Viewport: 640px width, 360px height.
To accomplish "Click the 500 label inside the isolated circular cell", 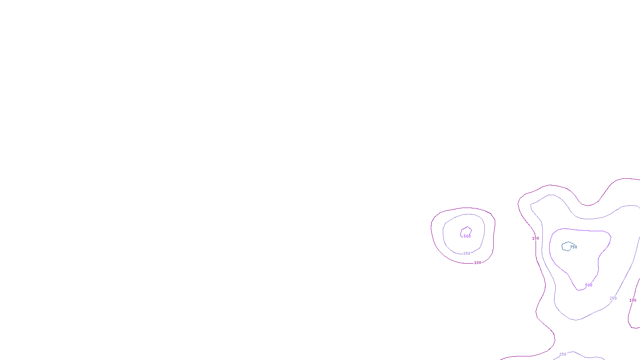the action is (467, 236).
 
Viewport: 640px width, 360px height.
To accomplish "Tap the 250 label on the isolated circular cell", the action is (467, 254).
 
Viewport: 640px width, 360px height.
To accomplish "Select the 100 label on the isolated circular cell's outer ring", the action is (478, 263).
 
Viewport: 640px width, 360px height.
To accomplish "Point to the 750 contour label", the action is (574, 247).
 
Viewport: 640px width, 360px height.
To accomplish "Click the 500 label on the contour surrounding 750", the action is (589, 285).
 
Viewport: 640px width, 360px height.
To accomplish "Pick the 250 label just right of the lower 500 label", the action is (613, 298).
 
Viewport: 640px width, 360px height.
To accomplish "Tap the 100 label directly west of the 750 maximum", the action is (536, 238).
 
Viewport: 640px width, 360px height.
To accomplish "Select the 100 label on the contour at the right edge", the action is (633, 300).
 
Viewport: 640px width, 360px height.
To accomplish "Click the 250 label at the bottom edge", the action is (563, 354).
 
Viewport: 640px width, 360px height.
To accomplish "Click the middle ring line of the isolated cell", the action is (444, 236).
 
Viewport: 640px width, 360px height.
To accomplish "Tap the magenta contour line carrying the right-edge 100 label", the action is (628, 320).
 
